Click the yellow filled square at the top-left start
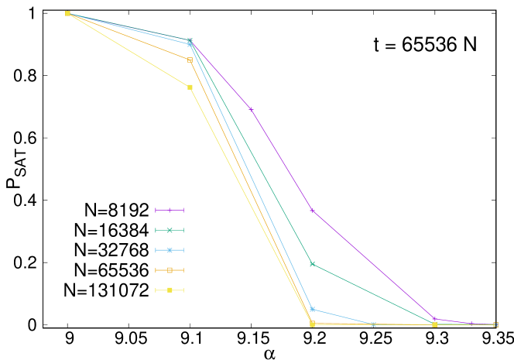tap(67, 13)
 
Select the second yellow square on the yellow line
tap(190, 87)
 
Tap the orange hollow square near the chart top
tap(190, 60)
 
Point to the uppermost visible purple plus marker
tap(251, 108)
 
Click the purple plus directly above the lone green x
tap(312, 210)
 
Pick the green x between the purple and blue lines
tap(312, 264)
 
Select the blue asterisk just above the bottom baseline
tap(312, 309)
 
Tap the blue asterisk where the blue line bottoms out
tap(373, 324)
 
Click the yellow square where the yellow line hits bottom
tap(312, 324)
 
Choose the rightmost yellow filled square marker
tap(434, 324)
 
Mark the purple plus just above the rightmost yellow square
tap(434, 318)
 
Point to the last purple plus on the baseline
tap(472, 324)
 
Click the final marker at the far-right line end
tap(495, 324)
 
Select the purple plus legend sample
tap(170, 210)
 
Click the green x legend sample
tap(170, 230)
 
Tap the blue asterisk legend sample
tap(170, 250)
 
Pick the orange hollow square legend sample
tap(170, 270)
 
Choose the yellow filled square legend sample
tap(170, 290)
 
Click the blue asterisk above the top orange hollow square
tap(190, 44)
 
